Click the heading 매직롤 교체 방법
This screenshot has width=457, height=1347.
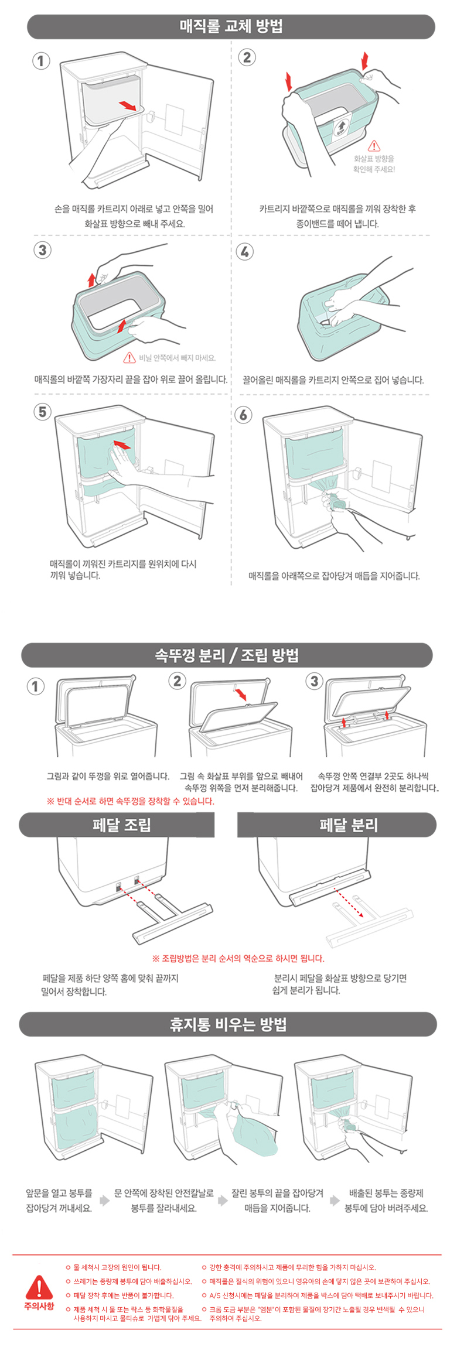pyautogui.click(x=231, y=26)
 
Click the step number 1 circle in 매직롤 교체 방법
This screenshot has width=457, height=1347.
pyautogui.click(x=41, y=61)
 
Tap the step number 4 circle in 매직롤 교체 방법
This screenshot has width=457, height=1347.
pyautogui.click(x=244, y=252)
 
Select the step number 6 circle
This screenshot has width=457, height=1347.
pyautogui.click(x=243, y=415)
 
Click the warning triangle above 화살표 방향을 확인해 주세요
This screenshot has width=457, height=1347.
pyautogui.click(x=374, y=146)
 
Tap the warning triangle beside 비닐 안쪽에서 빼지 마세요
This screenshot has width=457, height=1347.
pyautogui.click(x=129, y=357)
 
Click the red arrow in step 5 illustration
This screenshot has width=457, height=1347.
pyautogui.click(x=122, y=445)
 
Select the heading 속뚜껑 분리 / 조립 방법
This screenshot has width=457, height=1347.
pyautogui.click(x=227, y=655)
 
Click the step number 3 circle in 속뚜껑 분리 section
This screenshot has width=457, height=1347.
pyautogui.click(x=315, y=681)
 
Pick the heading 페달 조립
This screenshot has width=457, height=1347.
pyautogui.click(x=121, y=825)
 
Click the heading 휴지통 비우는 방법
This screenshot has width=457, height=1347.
pyautogui.click(x=228, y=1024)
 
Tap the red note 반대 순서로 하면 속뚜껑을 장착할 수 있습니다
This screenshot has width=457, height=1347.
pyautogui.click(x=131, y=801)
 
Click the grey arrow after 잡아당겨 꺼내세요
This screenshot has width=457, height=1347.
pyautogui.click(x=104, y=1201)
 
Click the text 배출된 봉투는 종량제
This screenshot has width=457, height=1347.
pyautogui.click(x=386, y=1193)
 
